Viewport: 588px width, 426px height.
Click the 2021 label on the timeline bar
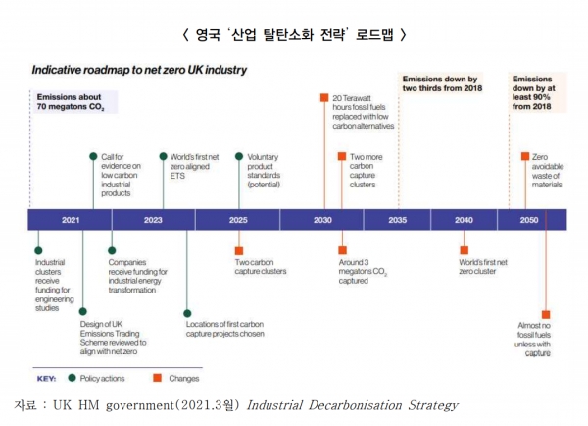click(70, 220)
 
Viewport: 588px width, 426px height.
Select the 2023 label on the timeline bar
click(152, 220)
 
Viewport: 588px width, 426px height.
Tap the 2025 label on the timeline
click(238, 220)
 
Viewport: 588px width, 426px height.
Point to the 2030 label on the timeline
click(322, 220)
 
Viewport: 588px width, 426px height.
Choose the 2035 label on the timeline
click(397, 220)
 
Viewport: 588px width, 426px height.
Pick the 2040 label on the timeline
click(463, 220)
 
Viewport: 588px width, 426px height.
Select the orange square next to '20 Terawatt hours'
click(323, 97)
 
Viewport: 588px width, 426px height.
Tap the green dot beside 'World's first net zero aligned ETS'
click(164, 155)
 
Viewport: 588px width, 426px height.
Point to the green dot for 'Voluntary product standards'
click(238, 155)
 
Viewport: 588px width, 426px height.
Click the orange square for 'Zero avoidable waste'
click(525, 155)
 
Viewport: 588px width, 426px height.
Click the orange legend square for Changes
click(156, 377)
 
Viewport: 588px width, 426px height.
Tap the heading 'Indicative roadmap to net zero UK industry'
click(139, 71)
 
